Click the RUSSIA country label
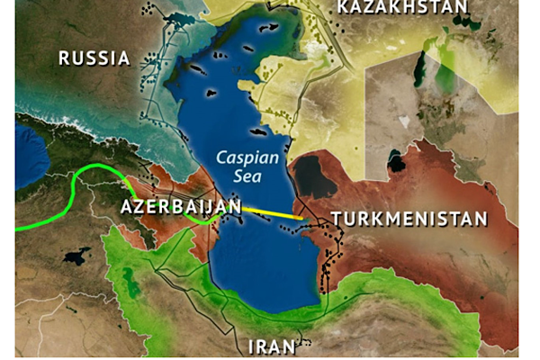point(94,58)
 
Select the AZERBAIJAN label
point(180,207)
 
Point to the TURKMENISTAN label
point(409,219)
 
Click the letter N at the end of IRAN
point(292,347)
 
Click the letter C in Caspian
point(221,157)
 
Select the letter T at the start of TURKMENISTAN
point(336,219)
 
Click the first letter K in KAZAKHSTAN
point(343,7)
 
